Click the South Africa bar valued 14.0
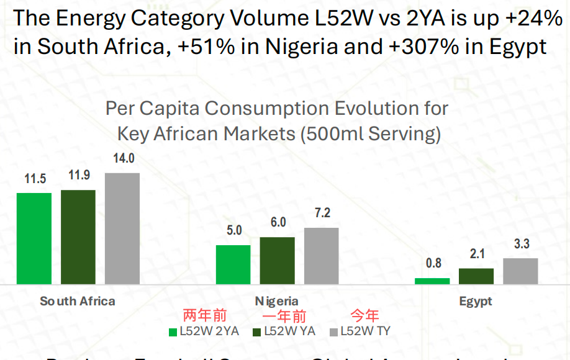[x=122, y=228]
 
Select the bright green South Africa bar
[x=34, y=238]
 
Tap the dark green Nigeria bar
[x=278, y=260]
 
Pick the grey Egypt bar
[x=520, y=271]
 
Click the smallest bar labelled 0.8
[x=432, y=281]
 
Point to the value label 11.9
[x=79, y=176]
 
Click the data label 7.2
[x=322, y=214]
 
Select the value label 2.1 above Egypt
[x=477, y=254]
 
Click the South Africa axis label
[x=78, y=301]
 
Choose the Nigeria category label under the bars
[x=277, y=301]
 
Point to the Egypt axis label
[x=476, y=301]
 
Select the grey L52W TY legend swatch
[x=334, y=331]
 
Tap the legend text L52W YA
[x=289, y=331]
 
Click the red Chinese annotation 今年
[x=365, y=316]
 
